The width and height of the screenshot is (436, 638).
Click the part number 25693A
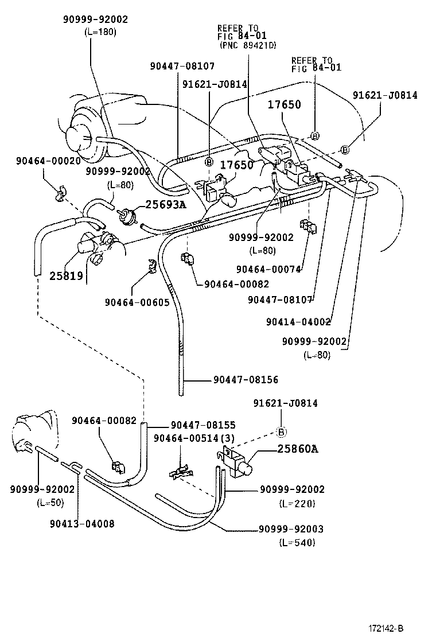pyautogui.click(x=165, y=204)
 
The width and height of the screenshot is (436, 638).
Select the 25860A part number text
pyautogui.click(x=298, y=449)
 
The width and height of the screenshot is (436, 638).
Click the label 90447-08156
pyautogui.click(x=246, y=379)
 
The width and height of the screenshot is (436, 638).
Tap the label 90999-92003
pyautogui.click(x=292, y=529)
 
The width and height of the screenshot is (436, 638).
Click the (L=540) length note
pyautogui.click(x=297, y=543)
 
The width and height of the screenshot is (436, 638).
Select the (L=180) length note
pyautogui.click(x=100, y=32)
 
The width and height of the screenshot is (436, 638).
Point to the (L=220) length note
pyautogui.click(x=297, y=504)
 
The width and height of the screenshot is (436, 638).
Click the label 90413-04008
pyautogui.click(x=81, y=523)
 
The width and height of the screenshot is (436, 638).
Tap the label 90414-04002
pyautogui.click(x=298, y=322)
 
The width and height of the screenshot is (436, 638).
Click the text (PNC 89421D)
pyautogui.click(x=247, y=45)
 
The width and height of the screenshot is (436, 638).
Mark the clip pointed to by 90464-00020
pyautogui.click(x=60, y=193)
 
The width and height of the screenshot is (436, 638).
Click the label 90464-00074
pyautogui.click(x=268, y=269)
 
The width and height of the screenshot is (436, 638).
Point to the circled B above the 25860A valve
pyautogui.click(x=282, y=432)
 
